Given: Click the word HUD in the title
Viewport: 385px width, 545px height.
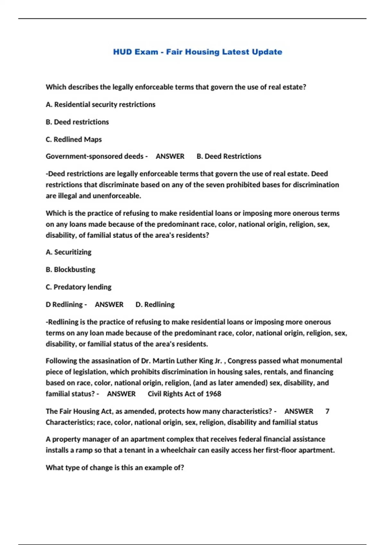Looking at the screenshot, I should pyautogui.click(x=122, y=52).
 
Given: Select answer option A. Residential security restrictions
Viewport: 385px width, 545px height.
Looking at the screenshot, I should pyautogui.click(x=100, y=105).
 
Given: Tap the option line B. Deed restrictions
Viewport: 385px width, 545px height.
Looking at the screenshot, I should pyautogui.click(x=77, y=122).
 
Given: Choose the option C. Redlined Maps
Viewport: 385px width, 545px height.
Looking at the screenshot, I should pyautogui.click(x=74, y=139).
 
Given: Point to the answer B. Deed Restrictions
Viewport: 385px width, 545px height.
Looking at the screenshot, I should pyautogui.click(x=229, y=156).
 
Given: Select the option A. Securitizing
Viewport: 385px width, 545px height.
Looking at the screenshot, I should pyautogui.click(x=69, y=252).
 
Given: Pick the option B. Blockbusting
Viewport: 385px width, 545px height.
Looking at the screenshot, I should pyautogui.click(x=71, y=270).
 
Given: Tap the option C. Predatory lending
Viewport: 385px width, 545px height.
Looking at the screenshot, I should pyautogui.click(x=79, y=287).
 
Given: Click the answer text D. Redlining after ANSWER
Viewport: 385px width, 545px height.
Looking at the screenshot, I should pyautogui.click(x=155, y=305).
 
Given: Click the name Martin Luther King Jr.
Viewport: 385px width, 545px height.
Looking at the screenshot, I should pyautogui.click(x=187, y=361).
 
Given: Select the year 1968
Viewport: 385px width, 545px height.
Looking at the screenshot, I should pyautogui.click(x=213, y=394).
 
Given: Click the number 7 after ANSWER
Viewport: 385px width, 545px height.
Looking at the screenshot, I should pyautogui.click(x=327, y=411).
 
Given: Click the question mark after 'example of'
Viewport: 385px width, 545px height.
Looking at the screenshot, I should pyautogui.click(x=182, y=468).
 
